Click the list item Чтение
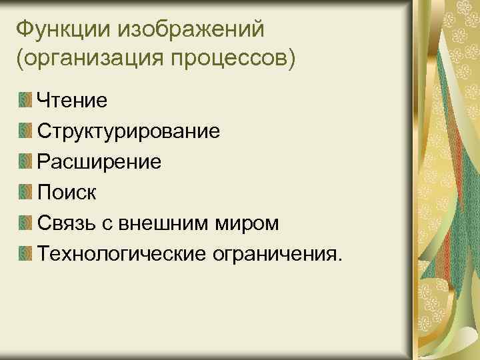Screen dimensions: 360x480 coord(73,101)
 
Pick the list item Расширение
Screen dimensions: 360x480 coord(99,162)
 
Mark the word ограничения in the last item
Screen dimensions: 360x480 coord(281,254)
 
